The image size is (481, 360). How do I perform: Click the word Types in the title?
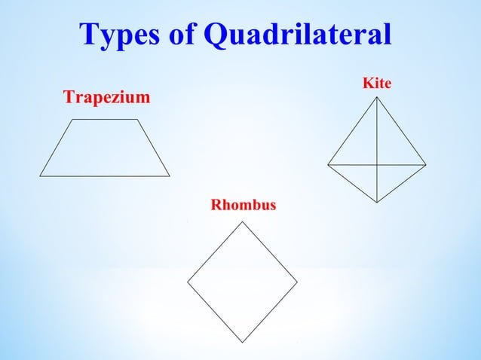point(121,34)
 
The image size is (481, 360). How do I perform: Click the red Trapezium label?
point(106,98)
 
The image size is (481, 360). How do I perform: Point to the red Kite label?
point(377,82)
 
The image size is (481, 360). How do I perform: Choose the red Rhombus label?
point(243,205)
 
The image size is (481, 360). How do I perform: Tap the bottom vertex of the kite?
point(377,202)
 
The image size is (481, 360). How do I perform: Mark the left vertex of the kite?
point(327,164)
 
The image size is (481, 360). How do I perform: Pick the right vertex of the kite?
point(426,164)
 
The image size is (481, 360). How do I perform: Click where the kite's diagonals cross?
point(377,164)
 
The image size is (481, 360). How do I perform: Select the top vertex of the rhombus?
point(242,221)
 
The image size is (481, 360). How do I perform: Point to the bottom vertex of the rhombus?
point(242,343)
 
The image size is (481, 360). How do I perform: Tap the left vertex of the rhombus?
point(187,283)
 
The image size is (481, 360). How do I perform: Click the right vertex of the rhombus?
point(297,282)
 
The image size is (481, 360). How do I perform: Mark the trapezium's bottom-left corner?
point(40,175)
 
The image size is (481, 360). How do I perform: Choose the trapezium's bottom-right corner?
point(170,175)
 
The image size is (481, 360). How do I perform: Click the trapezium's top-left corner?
point(72,119)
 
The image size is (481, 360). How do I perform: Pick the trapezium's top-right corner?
point(138,119)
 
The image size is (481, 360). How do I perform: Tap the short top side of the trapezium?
point(106,119)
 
